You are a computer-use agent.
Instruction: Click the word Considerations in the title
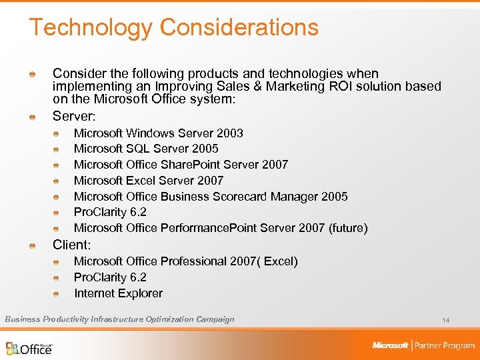[x=239, y=27]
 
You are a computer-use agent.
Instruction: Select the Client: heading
[x=71, y=244]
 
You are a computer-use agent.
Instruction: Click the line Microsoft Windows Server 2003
[x=158, y=133]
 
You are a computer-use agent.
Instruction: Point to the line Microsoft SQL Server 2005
[x=146, y=149]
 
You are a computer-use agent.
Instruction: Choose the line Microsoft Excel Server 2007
[x=149, y=181]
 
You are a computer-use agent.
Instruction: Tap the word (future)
[x=347, y=228]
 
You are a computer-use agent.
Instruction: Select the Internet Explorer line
[x=118, y=293]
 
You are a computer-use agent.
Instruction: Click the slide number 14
[x=445, y=321]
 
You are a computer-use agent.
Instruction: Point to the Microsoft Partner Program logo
[x=423, y=345]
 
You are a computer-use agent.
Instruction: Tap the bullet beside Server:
[x=31, y=117]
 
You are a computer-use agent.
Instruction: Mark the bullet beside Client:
[x=31, y=245]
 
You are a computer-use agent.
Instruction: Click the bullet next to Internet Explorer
[x=59, y=294]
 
